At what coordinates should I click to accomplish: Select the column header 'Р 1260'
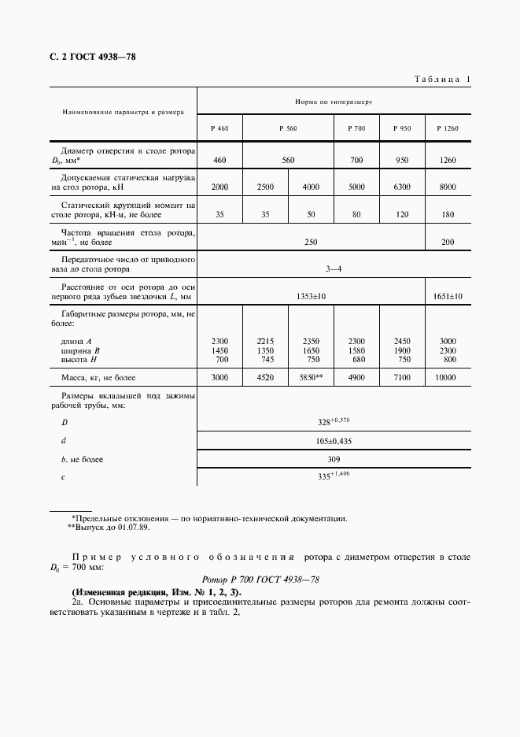pos(448,128)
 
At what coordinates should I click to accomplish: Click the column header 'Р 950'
pos(402,128)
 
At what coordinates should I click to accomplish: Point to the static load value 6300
pos(402,187)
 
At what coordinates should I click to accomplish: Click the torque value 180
pos(448,213)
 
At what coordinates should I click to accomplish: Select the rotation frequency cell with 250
pos(311,242)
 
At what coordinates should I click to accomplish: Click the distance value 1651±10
pos(448,296)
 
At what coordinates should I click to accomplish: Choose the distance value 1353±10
pos(311,296)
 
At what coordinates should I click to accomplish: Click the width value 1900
pos(402,350)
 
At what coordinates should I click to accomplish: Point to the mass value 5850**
pos(311,378)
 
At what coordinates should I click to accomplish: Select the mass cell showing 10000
pos(448,378)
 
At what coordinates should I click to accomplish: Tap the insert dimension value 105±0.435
pos(334,442)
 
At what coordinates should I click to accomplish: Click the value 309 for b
pos(334,458)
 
